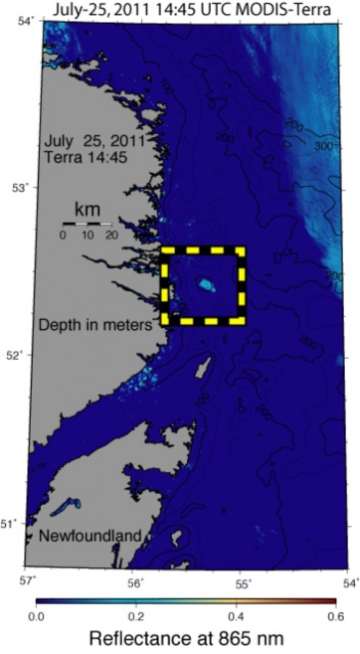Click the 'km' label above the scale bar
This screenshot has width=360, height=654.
point(87,210)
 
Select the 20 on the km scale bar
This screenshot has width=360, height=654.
point(111,235)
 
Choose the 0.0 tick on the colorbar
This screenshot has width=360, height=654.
point(36,615)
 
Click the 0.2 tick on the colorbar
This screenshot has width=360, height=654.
point(136,615)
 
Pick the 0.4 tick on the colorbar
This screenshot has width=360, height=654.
point(236,615)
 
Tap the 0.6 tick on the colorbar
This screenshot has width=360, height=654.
point(336,615)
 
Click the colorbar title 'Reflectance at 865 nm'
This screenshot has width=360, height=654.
point(186,639)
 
